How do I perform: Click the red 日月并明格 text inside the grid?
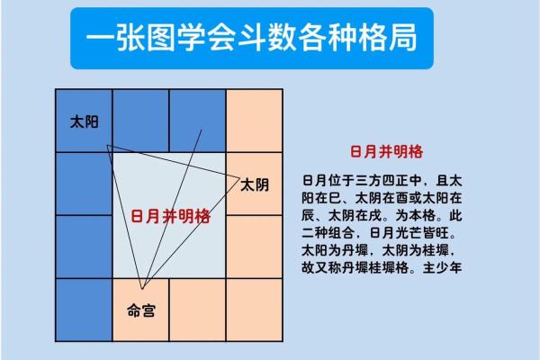pyautogui.click(x=170, y=216)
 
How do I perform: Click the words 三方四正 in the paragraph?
pyautogui.click(x=385, y=178)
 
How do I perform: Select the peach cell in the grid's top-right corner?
pyautogui.click(x=253, y=121)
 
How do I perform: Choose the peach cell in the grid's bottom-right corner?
pyautogui.click(x=253, y=309)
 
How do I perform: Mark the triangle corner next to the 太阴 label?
pyautogui.click(x=236, y=175)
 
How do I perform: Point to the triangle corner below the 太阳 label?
pyautogui.click(x=108, y=146)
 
